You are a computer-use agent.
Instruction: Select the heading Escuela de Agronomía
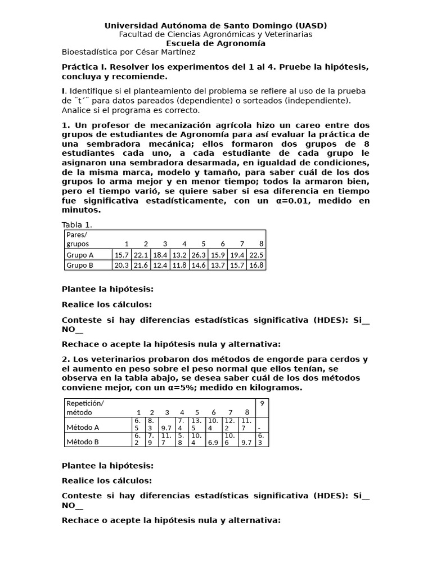pos(216,43)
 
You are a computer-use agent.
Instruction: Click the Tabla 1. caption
pos(76,225)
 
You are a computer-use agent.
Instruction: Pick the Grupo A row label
pos(80,255)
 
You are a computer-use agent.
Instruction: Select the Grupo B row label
pos(80,265)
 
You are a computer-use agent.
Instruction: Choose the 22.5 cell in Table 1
pos(256,255)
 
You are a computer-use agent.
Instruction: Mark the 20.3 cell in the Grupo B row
pos(121,265)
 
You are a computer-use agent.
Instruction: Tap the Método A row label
pos(83,427)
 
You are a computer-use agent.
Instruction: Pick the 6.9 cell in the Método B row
pos(213,442)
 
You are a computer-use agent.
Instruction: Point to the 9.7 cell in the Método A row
pos(166,427)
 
